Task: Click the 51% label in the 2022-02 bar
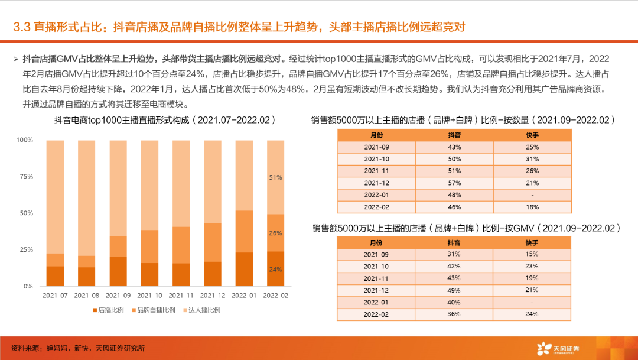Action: tap(276, 177)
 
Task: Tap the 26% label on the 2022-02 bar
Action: tap(276, 233)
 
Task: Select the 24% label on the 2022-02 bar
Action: tap(276, 269)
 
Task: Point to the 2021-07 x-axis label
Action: tap(55, 295)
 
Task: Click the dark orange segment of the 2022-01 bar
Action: tap(245, 270)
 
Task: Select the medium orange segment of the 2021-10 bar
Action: tap(150, 247)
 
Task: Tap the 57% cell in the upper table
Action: tap(454, 183)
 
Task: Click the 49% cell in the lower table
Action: tap(454, 290)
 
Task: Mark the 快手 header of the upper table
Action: tap(532, 135)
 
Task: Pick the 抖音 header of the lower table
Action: tap(454, 242)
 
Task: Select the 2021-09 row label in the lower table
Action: tap(376, 254)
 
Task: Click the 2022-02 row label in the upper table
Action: tap(376, 207)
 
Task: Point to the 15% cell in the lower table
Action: tap(532, 254)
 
